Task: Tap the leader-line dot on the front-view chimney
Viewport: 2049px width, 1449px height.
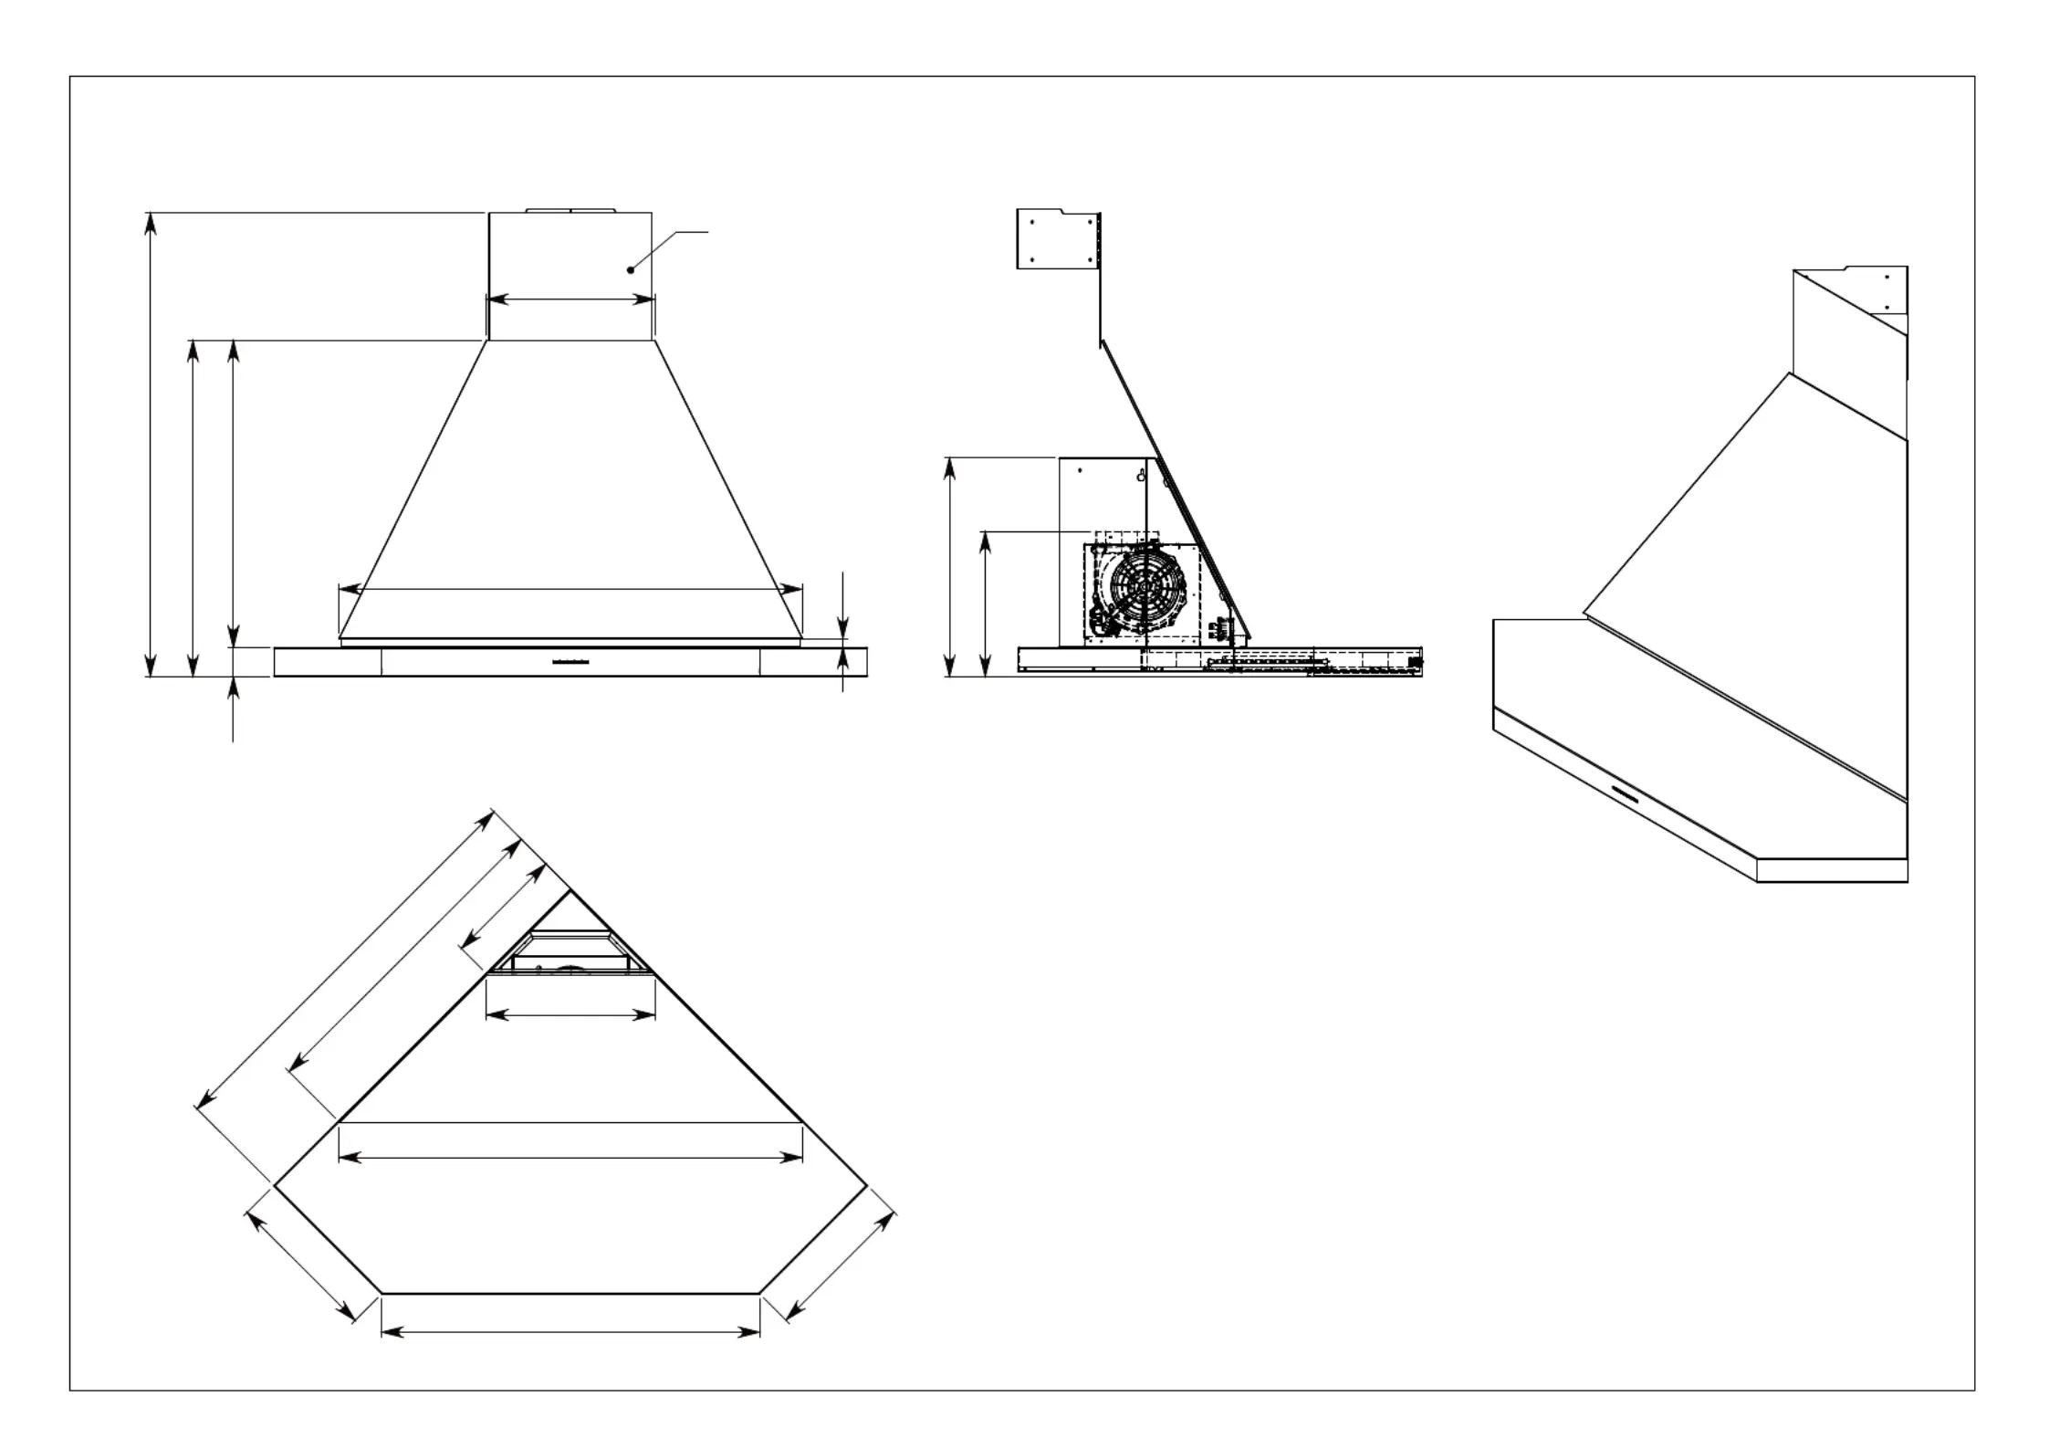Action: [630, 270]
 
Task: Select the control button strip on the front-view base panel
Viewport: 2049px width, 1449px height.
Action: [571, 660]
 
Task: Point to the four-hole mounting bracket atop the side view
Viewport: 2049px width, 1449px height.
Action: [1059, 239]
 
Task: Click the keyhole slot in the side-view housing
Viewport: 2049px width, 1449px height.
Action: [1141, 476]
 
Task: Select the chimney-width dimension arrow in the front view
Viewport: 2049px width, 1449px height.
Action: [570, 299]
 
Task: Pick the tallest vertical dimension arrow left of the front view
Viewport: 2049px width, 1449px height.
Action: [151, 445]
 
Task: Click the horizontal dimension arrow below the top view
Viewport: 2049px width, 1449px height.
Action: [570, 1333]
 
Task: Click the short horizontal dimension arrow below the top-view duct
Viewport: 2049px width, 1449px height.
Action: [570, 1015]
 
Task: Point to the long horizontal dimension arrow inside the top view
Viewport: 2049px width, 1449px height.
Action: [570, 1158]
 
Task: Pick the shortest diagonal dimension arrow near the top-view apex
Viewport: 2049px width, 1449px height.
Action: [504, 908]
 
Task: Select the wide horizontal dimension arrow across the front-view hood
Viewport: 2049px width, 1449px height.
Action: [570, 590]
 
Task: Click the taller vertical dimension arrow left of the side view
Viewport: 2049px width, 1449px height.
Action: [950, 567]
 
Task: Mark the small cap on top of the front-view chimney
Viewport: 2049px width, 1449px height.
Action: [570, 210]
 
